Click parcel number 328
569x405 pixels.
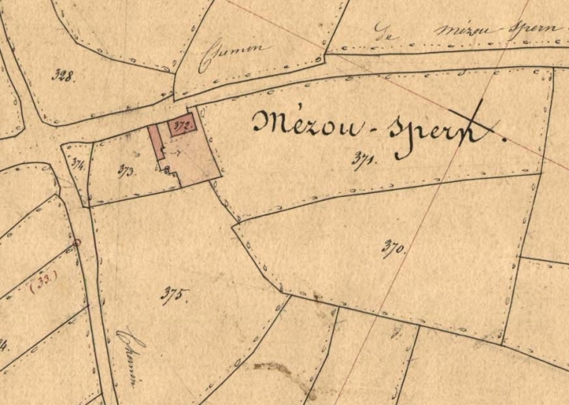tap(63, 76)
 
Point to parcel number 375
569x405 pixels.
tap(174, 296)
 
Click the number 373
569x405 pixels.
tap(126, 170)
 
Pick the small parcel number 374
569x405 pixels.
tap(77, 165)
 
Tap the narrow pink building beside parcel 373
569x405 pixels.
tap(156, 142)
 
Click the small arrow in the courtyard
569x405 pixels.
tap(176, 153)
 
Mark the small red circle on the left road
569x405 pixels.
tap(77, 242)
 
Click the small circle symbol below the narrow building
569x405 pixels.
tap(167, 168)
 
